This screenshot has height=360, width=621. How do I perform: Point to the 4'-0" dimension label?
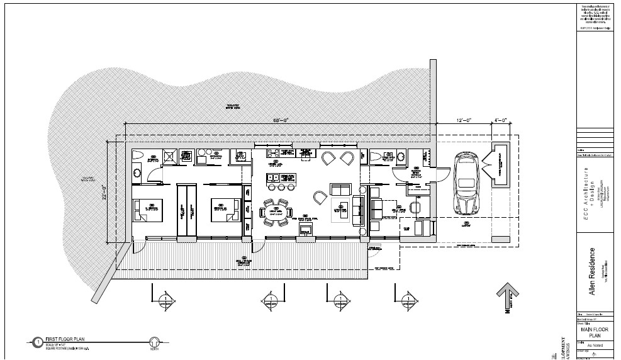tap(500, 120)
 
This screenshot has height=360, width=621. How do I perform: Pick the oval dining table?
tap(275, 212)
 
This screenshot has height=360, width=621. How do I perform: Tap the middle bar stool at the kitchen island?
tap(281, 187)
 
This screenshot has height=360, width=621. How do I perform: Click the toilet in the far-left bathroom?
tap(139, 155)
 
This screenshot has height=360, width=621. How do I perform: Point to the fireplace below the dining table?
tap(306, 229)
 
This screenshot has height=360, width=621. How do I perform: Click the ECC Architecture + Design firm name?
tap(590, 188)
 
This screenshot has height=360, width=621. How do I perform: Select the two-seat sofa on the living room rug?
tap(340, 189)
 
